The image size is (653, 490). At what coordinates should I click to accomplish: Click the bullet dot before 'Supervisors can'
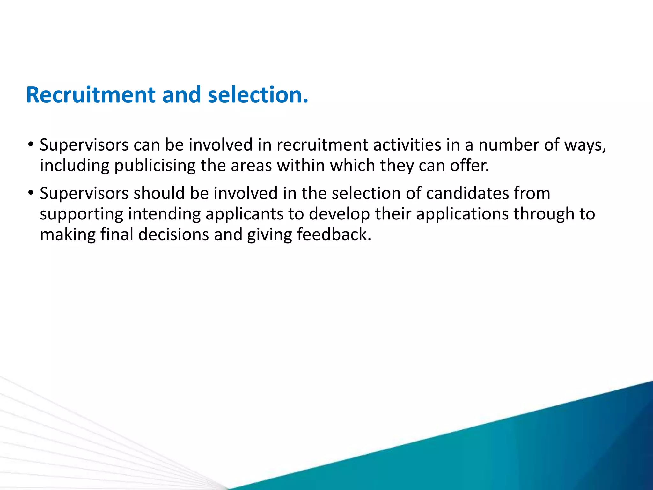click(x=31, y=145)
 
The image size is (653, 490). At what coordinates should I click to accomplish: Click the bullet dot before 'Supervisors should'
click(x=31, y=193)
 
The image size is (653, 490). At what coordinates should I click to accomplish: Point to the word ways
click(x=585, y=145)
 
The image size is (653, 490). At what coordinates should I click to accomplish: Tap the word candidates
click(x=467, y=193)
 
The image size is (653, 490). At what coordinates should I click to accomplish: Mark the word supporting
click(x=81, y=214)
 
